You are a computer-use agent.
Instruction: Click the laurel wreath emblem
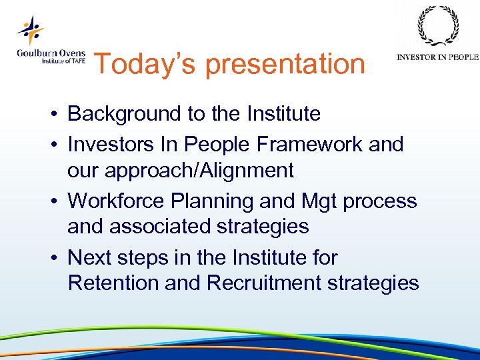click(x=438, y=27)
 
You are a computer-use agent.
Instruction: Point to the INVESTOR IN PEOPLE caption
click(x=437, y=57)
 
